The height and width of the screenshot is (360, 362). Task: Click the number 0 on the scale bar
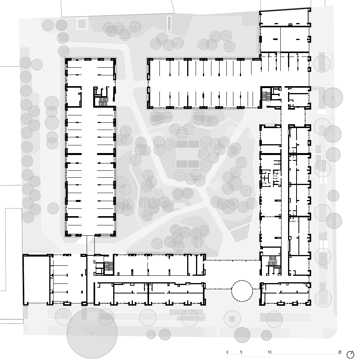coord(227,352)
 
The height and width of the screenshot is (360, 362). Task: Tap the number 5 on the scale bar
coord(241,352)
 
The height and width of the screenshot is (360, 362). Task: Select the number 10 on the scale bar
coord(270,352)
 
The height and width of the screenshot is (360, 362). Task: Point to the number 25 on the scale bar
coord(340,352)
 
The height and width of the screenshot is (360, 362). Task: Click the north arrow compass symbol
coord(350,354)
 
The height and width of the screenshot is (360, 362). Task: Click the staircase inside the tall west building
coord(103,101)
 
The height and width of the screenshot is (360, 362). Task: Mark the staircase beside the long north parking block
coord(266,96)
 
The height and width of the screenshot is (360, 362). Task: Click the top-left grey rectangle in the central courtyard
coord(182,144)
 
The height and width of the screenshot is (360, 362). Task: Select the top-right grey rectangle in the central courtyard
coord(193,144)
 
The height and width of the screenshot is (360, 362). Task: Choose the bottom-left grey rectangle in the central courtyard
coord(182,164)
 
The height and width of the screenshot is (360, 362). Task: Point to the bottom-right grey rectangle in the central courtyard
coord(193,164)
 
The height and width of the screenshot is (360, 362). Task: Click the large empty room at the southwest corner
coord(37,279)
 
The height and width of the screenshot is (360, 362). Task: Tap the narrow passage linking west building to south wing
coord(90,245)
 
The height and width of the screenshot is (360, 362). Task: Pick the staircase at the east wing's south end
coord(272,261)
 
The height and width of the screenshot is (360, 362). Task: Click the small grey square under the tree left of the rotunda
coord(232,319)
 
